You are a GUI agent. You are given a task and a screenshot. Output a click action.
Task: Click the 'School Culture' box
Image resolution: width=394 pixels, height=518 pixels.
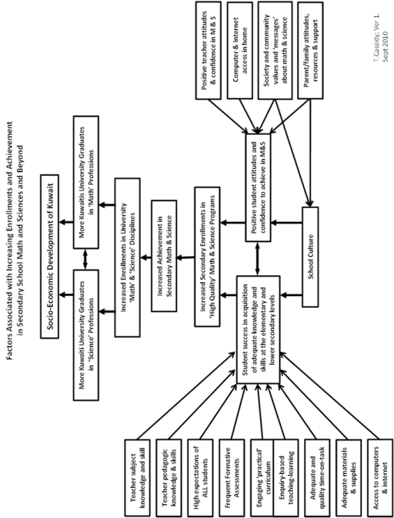point(310,257)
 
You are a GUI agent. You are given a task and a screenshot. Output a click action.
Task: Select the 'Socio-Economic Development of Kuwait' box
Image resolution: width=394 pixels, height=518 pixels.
point(49,257)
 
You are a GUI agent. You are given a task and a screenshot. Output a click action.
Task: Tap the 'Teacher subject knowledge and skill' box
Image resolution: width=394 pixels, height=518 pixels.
point(138,477)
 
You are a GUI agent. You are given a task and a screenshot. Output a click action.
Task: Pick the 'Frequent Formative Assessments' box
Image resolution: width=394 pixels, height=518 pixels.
point(232,477)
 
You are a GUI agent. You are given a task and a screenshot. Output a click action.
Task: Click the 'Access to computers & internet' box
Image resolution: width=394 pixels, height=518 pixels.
point(380,477)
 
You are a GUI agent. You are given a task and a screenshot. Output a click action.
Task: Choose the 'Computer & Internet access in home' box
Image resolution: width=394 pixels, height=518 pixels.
point(240,50)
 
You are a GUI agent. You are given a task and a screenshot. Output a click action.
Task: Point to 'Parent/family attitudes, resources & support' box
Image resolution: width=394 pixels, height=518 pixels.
point(310,50)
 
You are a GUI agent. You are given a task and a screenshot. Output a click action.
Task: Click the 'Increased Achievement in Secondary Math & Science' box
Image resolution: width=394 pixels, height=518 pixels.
point(164,256)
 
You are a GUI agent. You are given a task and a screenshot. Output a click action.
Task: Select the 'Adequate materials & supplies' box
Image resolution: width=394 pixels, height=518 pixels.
point(349,477)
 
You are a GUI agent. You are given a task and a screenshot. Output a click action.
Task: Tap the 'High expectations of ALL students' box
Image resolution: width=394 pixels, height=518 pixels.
point(200,477)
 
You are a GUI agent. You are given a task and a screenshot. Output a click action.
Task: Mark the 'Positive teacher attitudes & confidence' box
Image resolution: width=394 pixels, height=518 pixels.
point(208,50)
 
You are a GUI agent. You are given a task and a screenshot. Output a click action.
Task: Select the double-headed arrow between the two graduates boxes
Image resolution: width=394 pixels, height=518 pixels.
point(85,259)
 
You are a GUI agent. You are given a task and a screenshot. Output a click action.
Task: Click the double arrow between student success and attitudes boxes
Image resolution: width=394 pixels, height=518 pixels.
point(258,258)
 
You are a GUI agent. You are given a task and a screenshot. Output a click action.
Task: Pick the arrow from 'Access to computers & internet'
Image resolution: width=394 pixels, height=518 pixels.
point(330,397)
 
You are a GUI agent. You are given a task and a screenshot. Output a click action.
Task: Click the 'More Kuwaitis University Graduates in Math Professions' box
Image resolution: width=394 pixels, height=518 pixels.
point(85,182)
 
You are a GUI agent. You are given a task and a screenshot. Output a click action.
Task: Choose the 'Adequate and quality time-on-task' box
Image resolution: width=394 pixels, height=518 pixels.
point(317,477)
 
